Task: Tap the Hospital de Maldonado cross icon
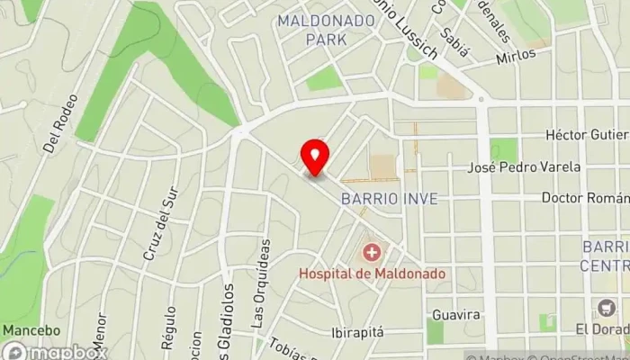tap(371, 253)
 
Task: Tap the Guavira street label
tap(456, 316)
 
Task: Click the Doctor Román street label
tap(585, 197)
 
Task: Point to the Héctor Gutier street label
tap(587, 134)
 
